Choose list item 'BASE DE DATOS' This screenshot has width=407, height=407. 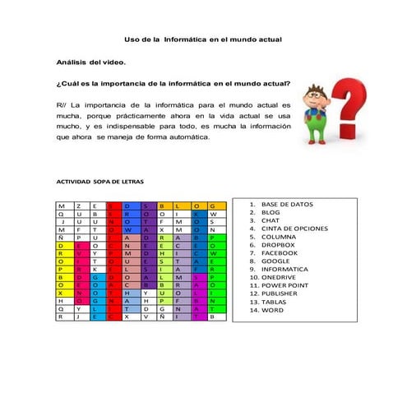click(286, 204)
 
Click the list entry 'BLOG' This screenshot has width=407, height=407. click(271, 212)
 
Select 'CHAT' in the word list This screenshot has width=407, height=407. click(271, 220)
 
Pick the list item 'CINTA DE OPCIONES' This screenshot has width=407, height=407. click(294, 229)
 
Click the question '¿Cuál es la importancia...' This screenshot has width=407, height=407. click(173, 83)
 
